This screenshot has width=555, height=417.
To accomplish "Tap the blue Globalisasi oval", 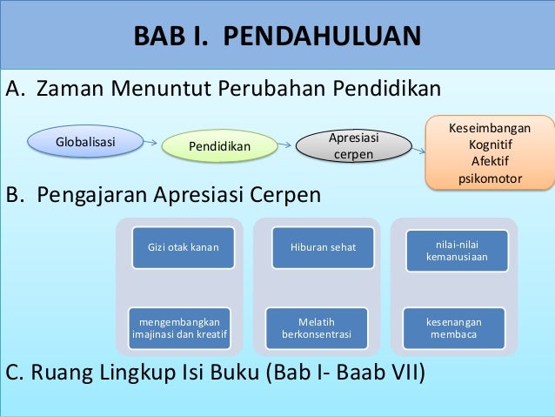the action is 85,140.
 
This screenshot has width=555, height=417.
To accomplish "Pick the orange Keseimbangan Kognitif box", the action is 490,153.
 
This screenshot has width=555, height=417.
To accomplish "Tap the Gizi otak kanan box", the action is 183,247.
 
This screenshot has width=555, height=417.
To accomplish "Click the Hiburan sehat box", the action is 323,247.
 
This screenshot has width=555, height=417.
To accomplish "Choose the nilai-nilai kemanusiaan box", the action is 456,247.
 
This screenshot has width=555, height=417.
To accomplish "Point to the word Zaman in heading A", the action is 72,90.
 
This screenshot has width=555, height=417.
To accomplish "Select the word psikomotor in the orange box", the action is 490,178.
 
